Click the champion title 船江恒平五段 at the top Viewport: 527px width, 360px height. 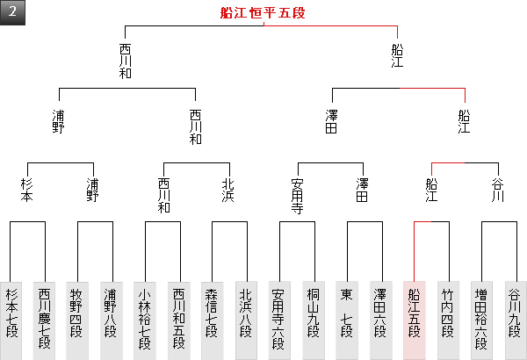click(x=263, y=13)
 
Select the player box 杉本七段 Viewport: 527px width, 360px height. click(x=11, y=319)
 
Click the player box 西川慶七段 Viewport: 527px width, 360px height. click(x=45, y=319)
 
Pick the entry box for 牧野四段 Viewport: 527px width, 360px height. click(x=77, y=319)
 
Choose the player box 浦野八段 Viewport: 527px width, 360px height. click(x=111, y=319)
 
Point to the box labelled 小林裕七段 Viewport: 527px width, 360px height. click(x=145, y=319)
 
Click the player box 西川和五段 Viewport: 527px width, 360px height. click(x=178, y=319)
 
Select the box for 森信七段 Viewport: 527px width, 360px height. click(x=212, y=319)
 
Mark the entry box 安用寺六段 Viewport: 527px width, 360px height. click(x=279, y=319)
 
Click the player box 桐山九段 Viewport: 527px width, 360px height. click(x=313, y=319)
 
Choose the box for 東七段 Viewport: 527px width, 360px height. click(x=346, y=319)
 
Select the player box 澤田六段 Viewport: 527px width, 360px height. click(x=379, y=319)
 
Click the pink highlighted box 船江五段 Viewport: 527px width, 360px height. click(x=414, y=319)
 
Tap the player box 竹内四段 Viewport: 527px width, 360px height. click(x=447, y=319)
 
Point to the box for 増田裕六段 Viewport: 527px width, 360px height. click(x=480, y=319)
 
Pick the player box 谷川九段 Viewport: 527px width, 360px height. click(x=514, y=319)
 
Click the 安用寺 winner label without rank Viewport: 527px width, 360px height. click(x=297, y=197)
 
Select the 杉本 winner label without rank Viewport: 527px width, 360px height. click(x=27, y=191)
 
